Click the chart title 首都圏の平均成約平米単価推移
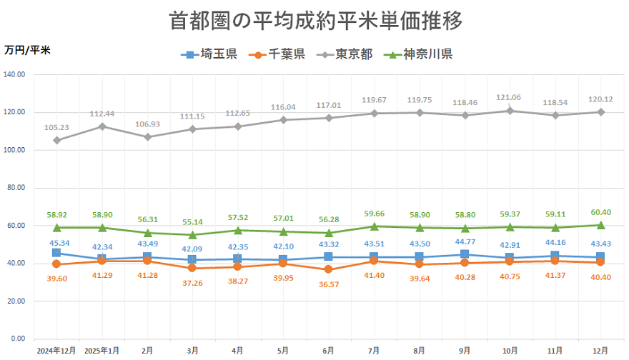click(315, 20)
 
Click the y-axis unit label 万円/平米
click(28, 50)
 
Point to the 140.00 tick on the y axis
click(15, 74)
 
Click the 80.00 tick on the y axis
click(16, 188)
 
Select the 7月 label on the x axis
click(374, 351)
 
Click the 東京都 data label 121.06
click(509, 98)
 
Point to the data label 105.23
click(57, 128)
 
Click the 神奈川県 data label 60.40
click(600, 212)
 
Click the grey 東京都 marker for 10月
click(510, 111)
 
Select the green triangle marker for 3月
click(192, 234)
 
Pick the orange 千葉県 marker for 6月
click(328, 269)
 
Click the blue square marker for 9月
click(465, 254)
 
